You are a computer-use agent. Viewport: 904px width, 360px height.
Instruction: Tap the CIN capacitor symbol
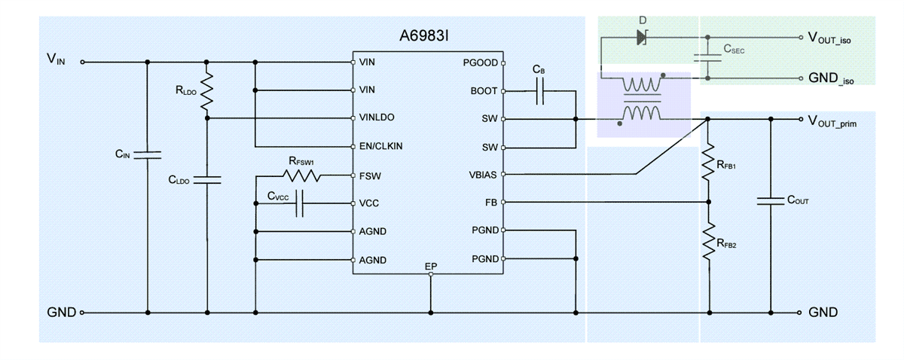pos(148,155)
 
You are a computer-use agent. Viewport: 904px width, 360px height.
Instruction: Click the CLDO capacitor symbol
pos(206,180)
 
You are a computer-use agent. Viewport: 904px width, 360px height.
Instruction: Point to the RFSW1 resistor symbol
pos(301,176)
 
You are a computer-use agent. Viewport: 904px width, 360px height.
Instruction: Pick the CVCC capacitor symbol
pos(299,203)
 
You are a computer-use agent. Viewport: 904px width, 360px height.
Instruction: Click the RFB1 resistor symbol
pos(707,163)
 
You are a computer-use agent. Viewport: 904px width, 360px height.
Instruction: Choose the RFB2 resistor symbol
pos(707,243)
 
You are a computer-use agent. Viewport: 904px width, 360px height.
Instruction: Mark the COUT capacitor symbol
pos(770,201)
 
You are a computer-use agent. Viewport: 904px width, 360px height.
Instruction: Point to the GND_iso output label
pos(832,78)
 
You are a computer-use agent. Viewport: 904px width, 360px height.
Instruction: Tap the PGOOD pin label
pos(480,63)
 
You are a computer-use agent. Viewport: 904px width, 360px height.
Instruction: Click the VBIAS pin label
pos(482,175)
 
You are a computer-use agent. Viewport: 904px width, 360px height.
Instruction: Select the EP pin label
pos(430,267)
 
